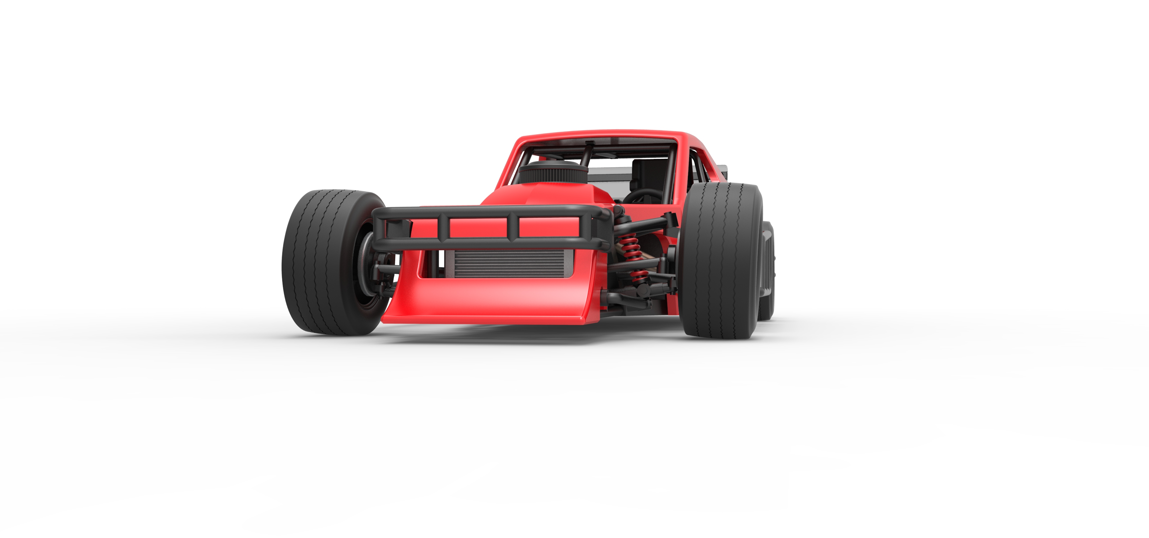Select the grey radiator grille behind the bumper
coord(508,264)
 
